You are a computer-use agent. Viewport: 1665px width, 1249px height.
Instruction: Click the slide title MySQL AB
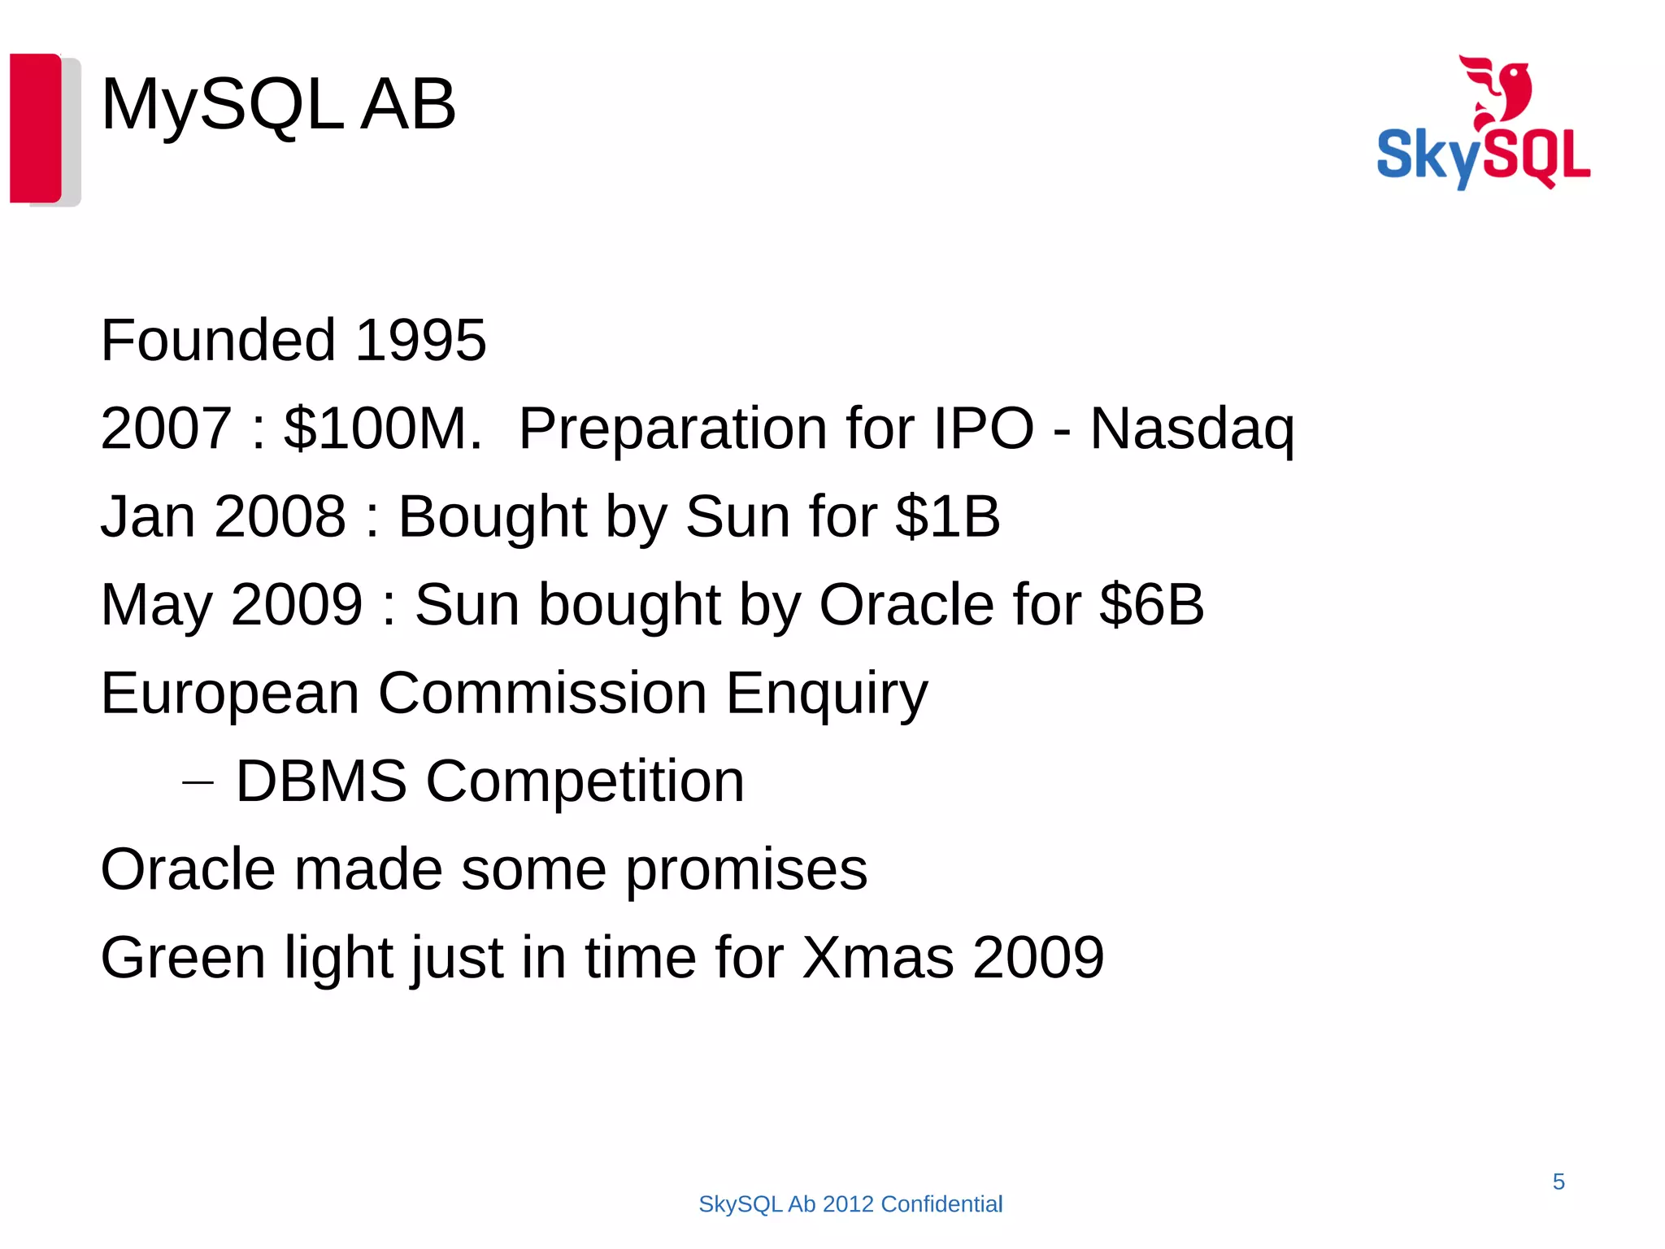(278, 104)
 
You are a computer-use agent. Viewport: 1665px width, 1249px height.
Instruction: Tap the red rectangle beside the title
(36, 128)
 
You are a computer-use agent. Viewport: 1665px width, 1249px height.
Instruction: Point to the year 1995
(420, 340)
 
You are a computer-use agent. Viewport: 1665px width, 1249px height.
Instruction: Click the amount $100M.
(382, 429)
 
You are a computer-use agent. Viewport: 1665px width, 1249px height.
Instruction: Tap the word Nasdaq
(1191, 429)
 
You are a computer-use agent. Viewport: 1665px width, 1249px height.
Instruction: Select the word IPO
(983, 429)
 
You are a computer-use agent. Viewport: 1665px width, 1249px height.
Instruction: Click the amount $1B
(947, 516)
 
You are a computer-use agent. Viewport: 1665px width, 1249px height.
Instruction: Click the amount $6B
(1151, 604)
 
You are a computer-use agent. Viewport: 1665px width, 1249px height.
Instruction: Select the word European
(230, 694)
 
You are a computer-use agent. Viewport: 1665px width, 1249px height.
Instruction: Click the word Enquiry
(826, 694)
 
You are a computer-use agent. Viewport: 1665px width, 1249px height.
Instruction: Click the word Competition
(585, 781)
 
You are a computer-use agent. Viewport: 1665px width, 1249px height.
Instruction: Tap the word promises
(746, 870)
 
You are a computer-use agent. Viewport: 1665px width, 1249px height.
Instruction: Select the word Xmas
(878, 957)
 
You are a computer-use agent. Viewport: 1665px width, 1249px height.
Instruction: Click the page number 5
(1558, 1182)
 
